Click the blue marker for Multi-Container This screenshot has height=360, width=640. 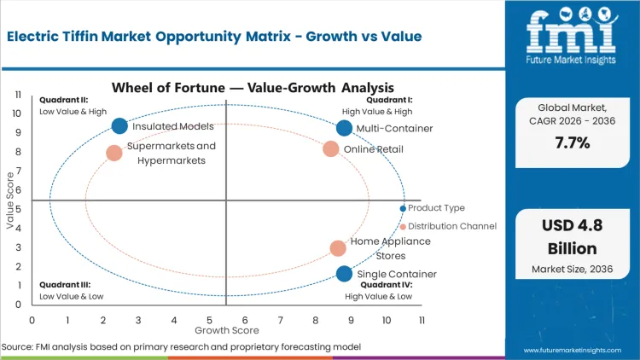click(344, 128)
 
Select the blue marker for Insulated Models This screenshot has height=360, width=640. click(119, 126)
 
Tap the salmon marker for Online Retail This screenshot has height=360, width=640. click(331, 149)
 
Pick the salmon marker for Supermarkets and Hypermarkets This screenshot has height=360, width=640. click(114, 154)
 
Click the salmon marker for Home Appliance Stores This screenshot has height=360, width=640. click(338, 248)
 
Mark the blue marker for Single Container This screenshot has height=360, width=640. click(344, 274)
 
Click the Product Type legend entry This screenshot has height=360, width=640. click(435, 208)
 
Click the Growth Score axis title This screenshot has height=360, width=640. click(226, 329)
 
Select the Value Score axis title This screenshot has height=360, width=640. click(10, 201)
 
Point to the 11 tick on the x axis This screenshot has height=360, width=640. click(422, 319)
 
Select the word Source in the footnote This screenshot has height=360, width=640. click(17, 346)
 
